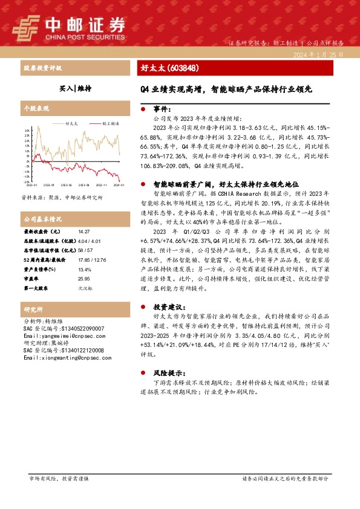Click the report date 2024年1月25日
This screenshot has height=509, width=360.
click(x=317, y=54)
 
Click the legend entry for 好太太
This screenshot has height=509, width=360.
click(x=71, y=123)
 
